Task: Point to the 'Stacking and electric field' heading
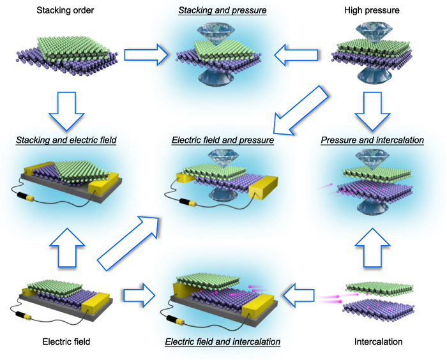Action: coord(67,139)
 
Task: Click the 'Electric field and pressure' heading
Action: coord(223,139)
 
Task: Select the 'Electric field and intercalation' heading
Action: coord(223,341)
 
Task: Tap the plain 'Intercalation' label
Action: coord(379,341)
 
